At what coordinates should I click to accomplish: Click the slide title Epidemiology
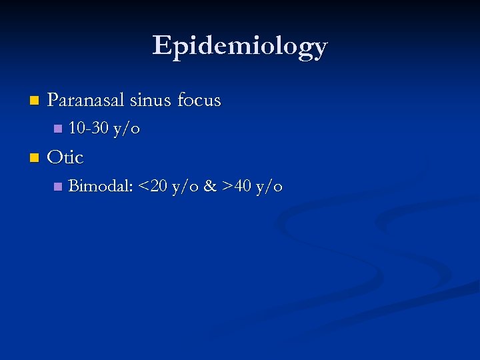click(240, 46)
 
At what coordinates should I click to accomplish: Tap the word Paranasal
click(86, 101)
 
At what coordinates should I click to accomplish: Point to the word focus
click(199, 101)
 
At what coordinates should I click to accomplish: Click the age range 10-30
click(89, 128)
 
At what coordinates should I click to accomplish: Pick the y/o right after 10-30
click(127, 129)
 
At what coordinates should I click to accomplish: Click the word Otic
click(65, 157)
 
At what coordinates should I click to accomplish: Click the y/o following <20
click(185, 187)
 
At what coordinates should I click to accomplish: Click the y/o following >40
click(269, 187)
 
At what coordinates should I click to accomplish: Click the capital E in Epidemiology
click(161, 46)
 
